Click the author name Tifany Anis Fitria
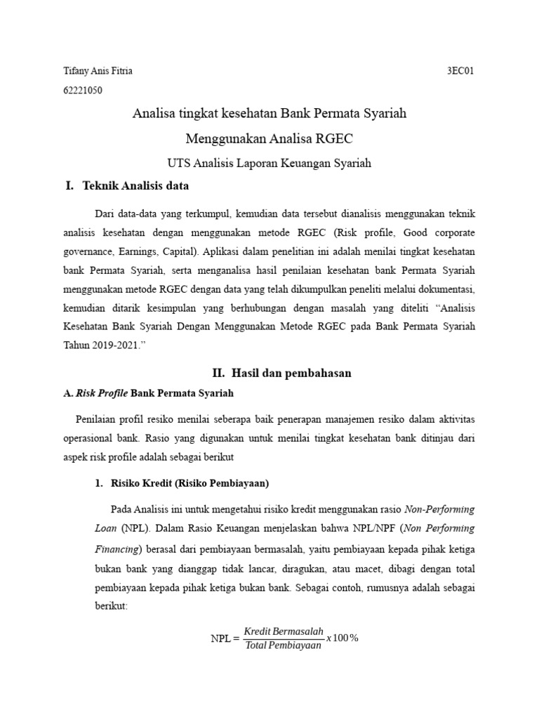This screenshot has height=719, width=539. pos(98,71)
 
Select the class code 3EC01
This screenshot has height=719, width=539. pos(461,71)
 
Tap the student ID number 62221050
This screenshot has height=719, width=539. pos(83,90)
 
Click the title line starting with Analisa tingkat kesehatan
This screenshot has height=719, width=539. pos(269,113)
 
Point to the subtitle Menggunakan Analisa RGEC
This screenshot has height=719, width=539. pos(269,138)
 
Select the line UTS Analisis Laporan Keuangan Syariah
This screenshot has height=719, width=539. pos(269,163)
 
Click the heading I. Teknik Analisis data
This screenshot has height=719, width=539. pos(127,186)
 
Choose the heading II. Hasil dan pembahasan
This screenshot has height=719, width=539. pos(281,374)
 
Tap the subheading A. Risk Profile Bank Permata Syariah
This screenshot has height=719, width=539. pos(149,393)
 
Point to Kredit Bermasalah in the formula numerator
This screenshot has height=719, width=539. pos(284,632)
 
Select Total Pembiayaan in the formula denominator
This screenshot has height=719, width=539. pos(284,645)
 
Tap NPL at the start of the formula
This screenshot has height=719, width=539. pos(221,638)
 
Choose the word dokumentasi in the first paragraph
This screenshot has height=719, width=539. pos(450,307)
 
